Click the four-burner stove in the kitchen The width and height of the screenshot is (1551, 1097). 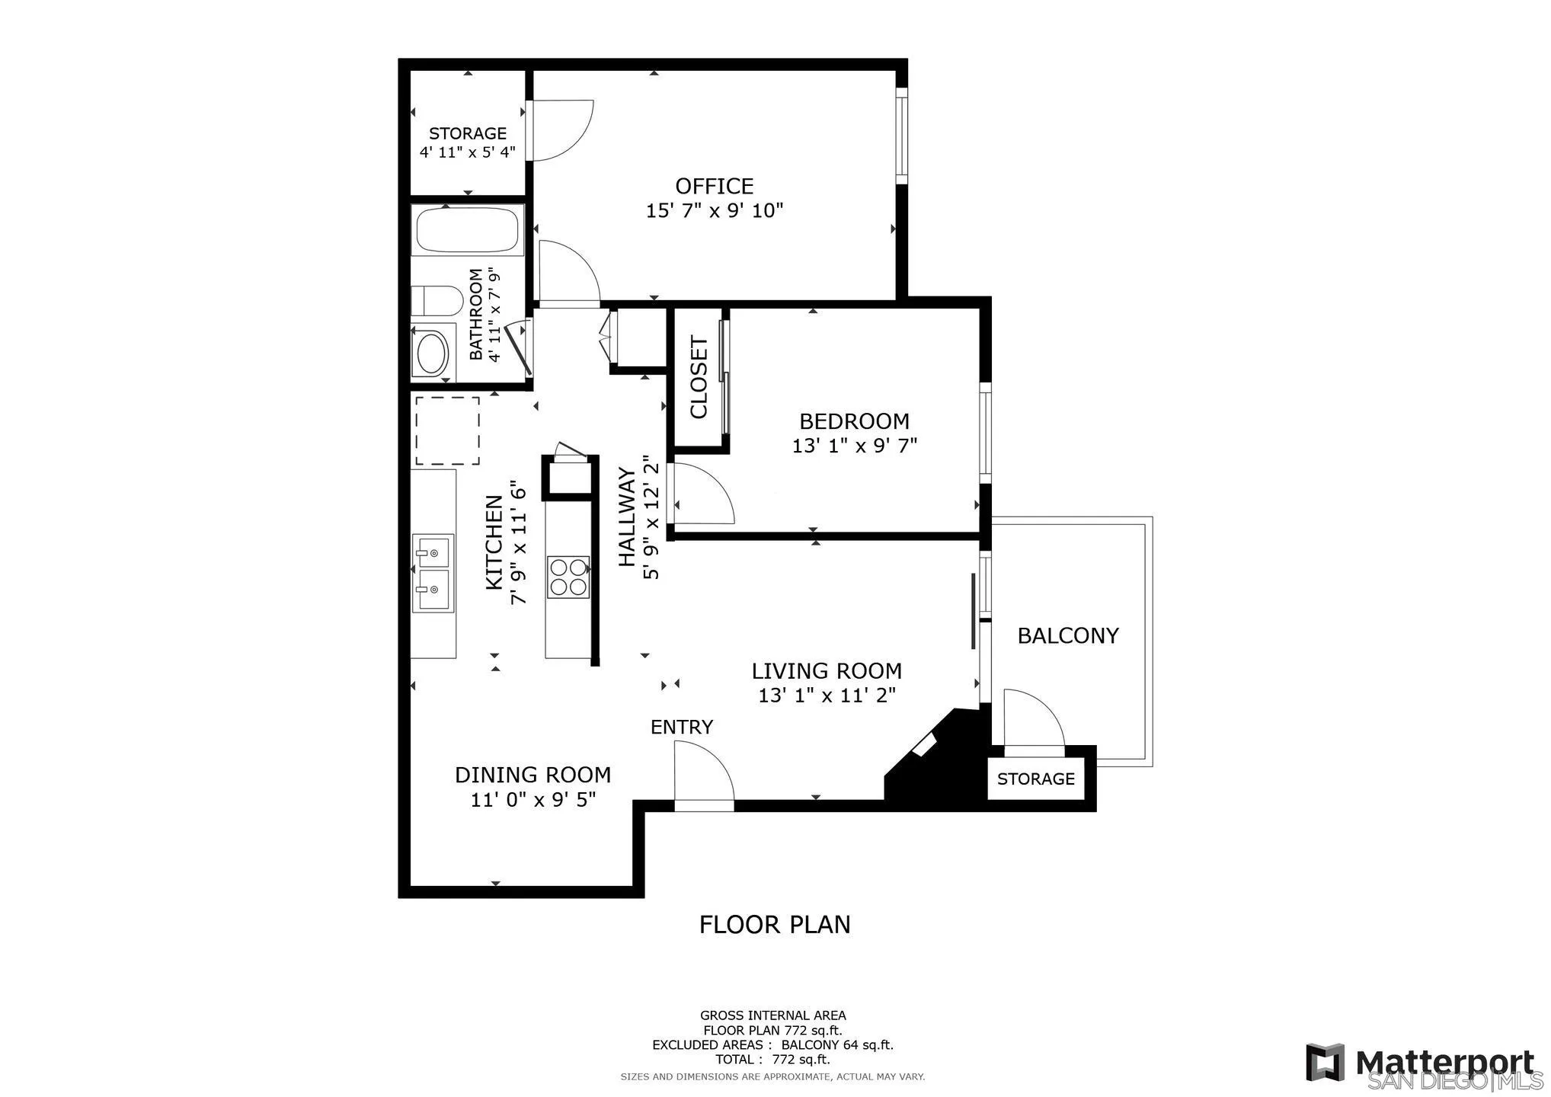pos(568,577)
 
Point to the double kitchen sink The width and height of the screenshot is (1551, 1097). pos(433,573)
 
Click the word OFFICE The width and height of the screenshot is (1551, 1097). pos(714,186)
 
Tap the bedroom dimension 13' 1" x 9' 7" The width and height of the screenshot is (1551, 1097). pos(854,446)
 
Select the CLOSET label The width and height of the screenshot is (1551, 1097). pos(699,377)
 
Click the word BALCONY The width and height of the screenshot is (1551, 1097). pos(1067,635)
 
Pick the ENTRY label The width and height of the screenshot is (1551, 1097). pos(681,727)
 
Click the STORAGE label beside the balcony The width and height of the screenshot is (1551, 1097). pos(1035,779)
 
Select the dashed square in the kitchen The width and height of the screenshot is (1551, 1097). pos(446,430)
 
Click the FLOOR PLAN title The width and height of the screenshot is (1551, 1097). pos(774,924)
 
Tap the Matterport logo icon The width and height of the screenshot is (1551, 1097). pos(1324,1061)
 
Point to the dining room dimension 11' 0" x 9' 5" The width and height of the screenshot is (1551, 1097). pos(532,800)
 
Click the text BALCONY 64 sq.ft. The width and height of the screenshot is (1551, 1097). pos(836,1045)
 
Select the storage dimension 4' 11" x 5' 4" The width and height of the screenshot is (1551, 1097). pos(467,152)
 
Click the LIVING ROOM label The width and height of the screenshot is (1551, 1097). pos(827,671)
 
